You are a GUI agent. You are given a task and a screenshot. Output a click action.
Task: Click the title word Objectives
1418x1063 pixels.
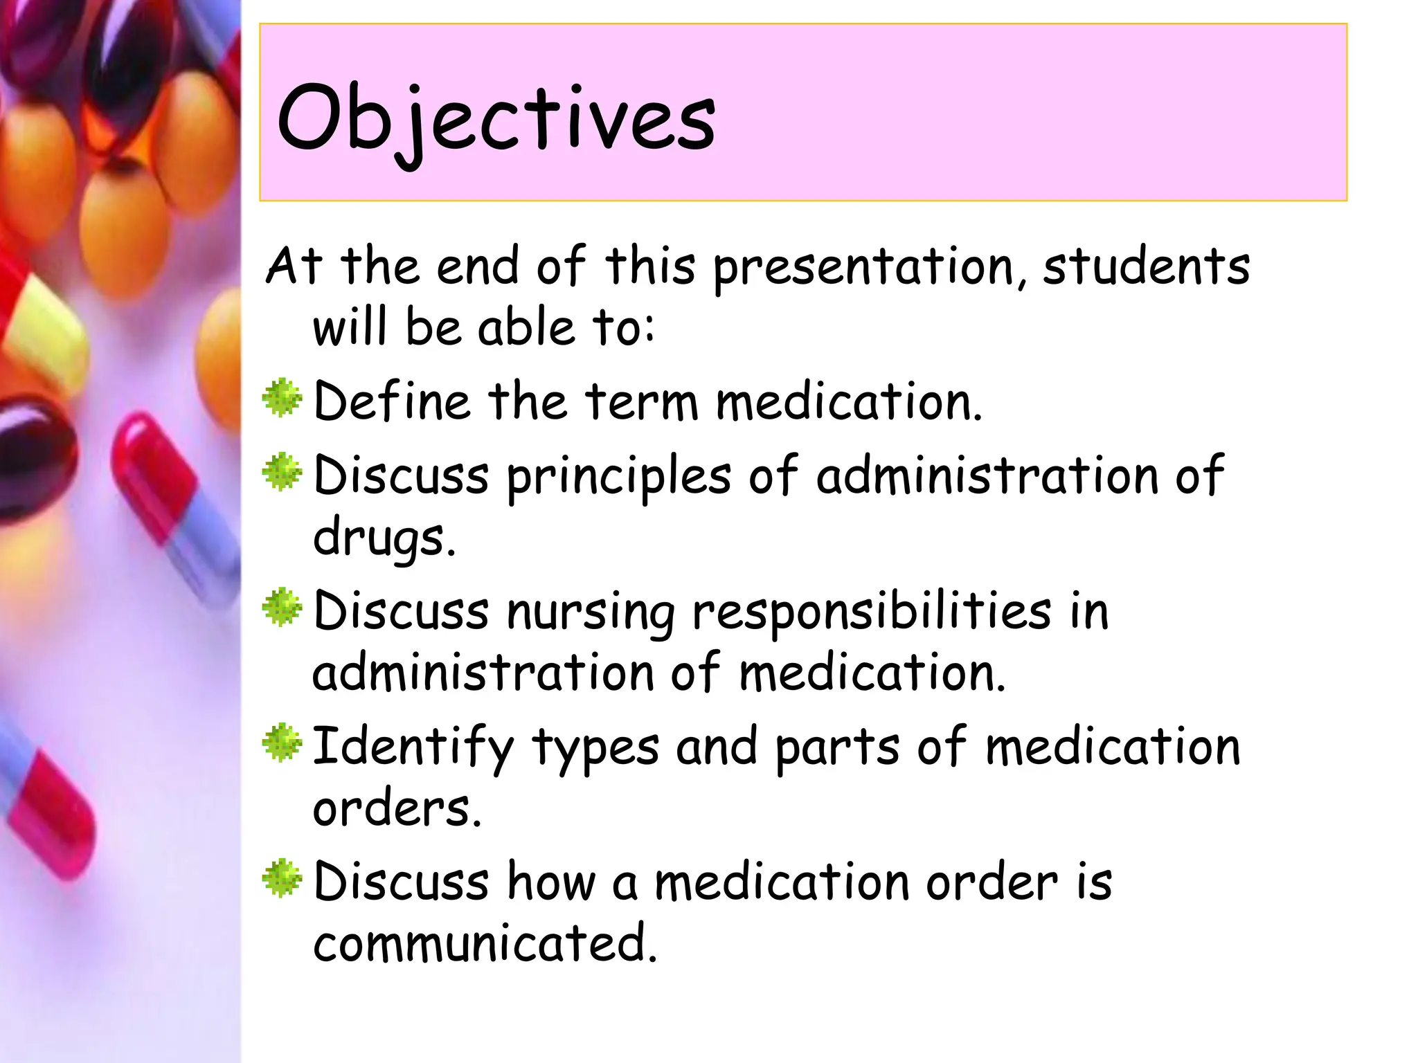pyautogui.click(x=496, y=118)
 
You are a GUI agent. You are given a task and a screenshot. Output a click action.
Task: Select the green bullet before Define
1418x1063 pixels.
pyautogui.click(x=282, y=399)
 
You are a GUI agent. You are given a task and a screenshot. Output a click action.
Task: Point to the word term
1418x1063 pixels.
pyautogui.click(x=641, y=401)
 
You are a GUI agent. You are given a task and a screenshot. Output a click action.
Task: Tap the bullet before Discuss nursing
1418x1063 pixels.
pyautogui.click(x=282, y=608)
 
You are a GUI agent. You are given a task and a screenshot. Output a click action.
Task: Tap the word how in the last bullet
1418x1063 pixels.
pyautogui.click(x=551, y=882)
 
